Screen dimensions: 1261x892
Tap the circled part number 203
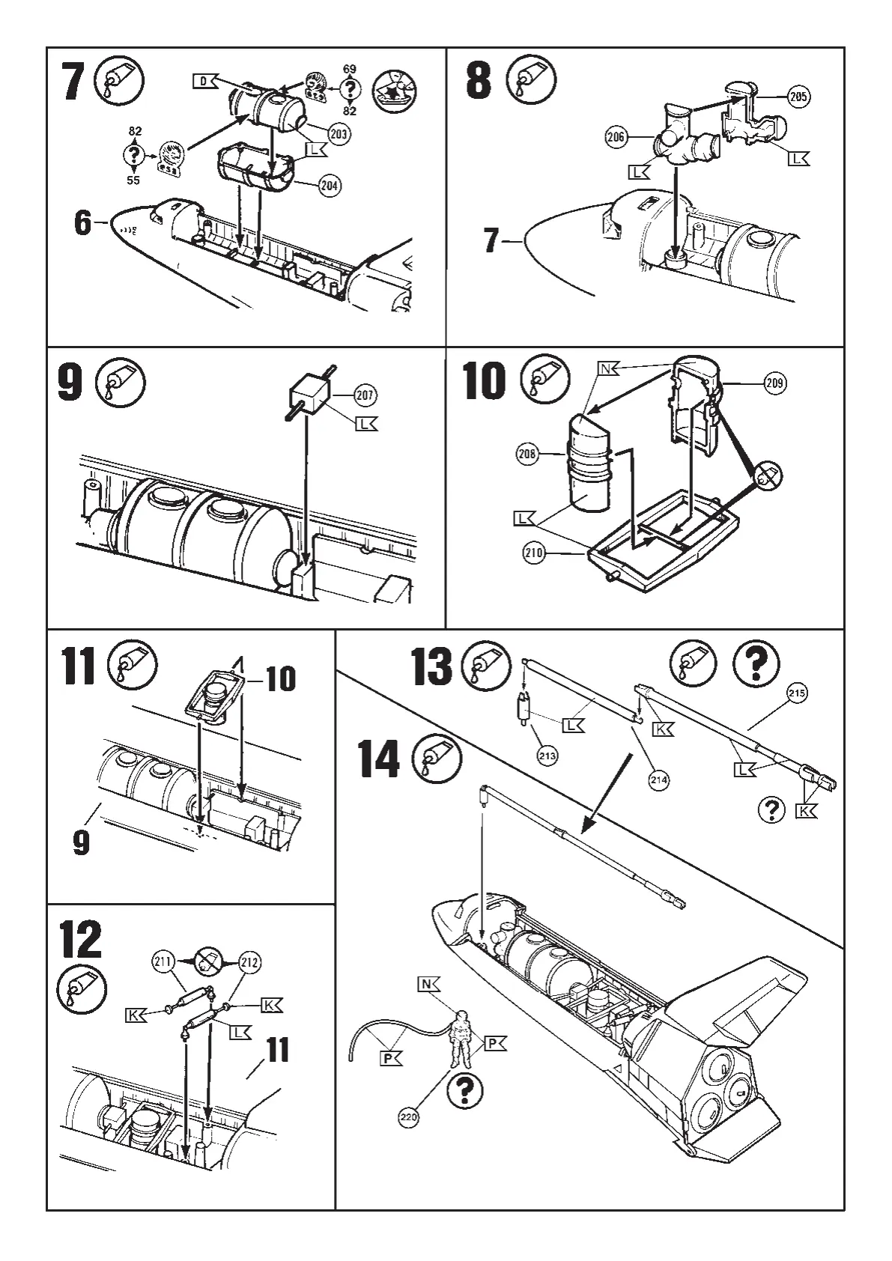click(339, 135)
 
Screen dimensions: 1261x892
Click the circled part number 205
click(799, 96)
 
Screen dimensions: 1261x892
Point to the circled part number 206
click(615, 136)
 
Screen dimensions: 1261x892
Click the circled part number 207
click(365, 395)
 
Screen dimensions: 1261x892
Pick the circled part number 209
click(775, 383)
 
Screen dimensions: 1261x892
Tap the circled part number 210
click(534, 553)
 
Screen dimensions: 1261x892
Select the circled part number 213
click(547, 756)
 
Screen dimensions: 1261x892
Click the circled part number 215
click(796, 693)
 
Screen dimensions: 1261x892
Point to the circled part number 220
click(408, 1117)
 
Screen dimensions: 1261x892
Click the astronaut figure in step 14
click(461, 1039)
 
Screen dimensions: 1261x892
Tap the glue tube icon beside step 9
click(121, 383)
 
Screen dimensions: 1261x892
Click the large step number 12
click(81, 941)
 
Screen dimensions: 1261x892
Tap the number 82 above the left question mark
click(135, 131)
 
